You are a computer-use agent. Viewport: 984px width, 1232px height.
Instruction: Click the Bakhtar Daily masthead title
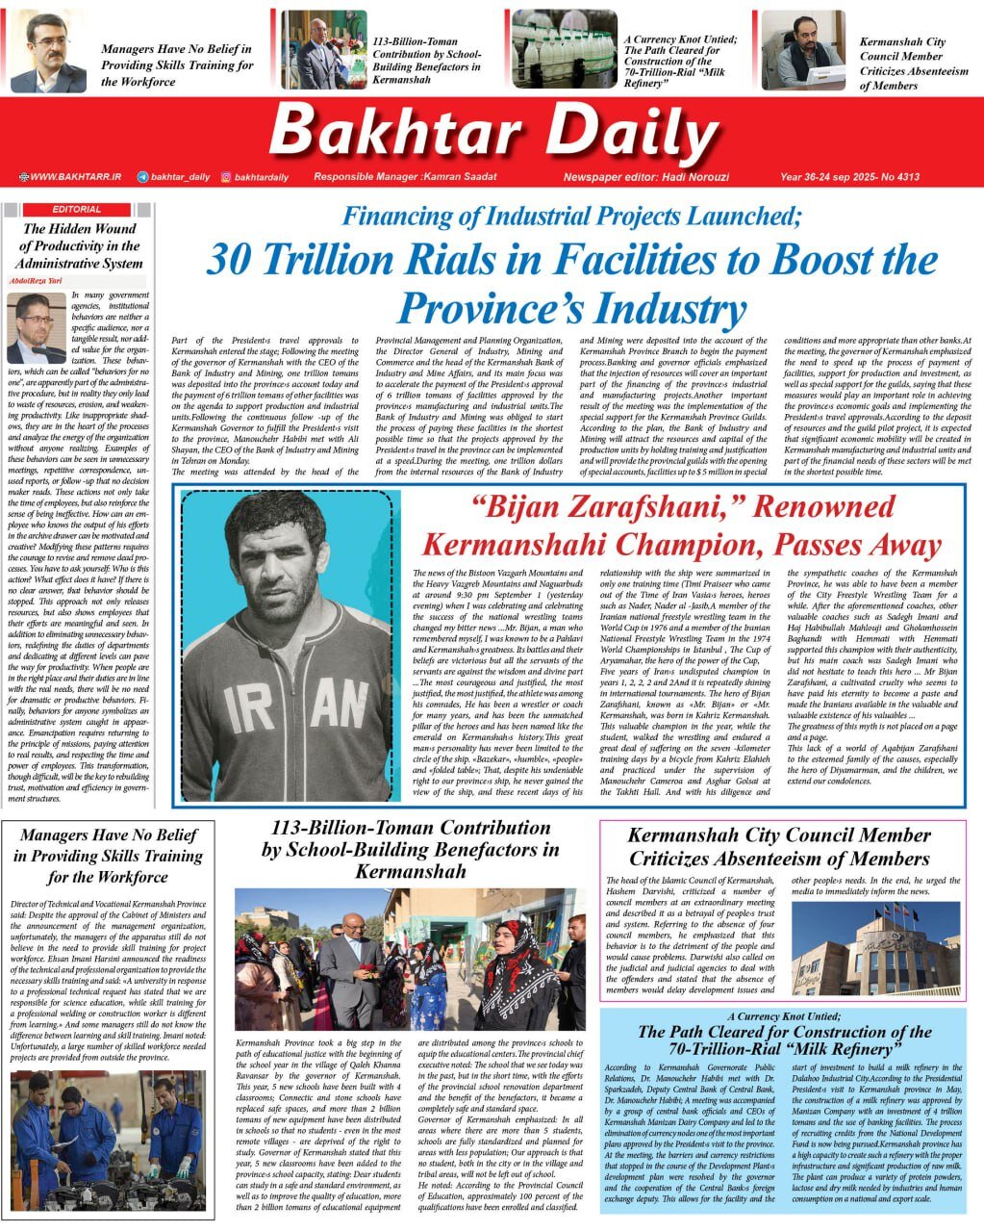[x=492, y=132]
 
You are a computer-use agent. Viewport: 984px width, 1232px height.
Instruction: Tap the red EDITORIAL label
[x=77, y=209]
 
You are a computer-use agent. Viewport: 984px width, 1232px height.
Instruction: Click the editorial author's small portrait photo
[x=36, y=327]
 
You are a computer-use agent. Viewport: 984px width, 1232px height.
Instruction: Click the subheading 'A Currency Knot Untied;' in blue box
[x=783, y=1016]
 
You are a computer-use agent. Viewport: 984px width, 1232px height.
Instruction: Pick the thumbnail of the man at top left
[x=48, y=53]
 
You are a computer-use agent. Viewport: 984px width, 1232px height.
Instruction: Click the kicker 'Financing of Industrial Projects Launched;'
[x=571, y=216]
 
